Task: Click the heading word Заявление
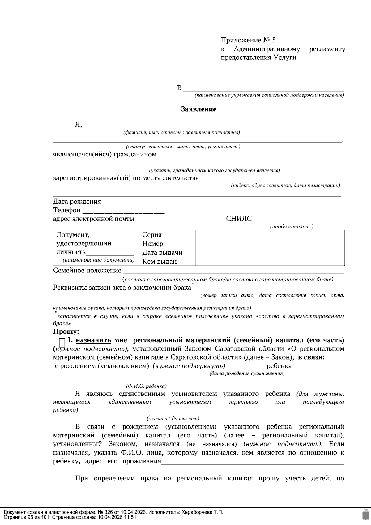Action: pyautogui.click(x=198, y=109)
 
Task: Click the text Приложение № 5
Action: pyautogui.click(x=248, y=40)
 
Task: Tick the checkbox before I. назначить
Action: pyautogui.click(x=62, y=343)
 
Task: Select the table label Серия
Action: pyautogui.click(x=152, y=235)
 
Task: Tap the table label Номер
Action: pyautogui.click(x=152, y=244)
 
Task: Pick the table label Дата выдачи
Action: pyautogui.click(x=162, y=253)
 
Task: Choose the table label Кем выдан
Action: pyautogui.click(x=159, y=262)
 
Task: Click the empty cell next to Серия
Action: pyautogui.click(x=270, y=235)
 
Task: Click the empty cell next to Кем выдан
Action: pyautogui.click(x=270, y=262)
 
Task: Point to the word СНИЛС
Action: pyautogui.click(x=239, y=219)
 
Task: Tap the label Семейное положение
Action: pyautogui.click(x=87, y=271)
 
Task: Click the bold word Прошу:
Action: pyautogui.click(x=66, y=332)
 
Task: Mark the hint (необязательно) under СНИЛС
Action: pyautogui.click(x=292, y=227)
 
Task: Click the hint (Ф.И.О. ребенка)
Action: pyautogui.click(x=146, y=386)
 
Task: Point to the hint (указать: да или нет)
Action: pyautogui.click(x=173, y=419)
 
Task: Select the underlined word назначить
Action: pyautogui.click(x=93, y=340)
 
